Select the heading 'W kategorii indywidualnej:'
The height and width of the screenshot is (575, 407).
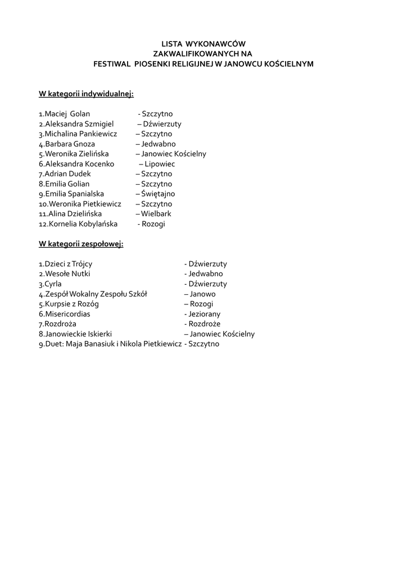tap(86, 93)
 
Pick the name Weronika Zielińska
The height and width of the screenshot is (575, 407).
tap(76, 154)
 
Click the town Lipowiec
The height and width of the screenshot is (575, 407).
tap(160, 164)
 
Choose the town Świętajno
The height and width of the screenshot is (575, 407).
tap(158, 194)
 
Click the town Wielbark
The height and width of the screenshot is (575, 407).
tap(156, 214)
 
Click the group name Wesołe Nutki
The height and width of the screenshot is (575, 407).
tap(67, 274)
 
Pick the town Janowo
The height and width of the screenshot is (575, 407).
tap(202, 294)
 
